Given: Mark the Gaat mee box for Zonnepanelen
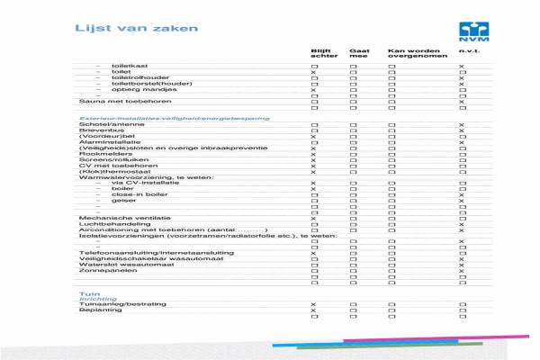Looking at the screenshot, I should click(x=354, y=271).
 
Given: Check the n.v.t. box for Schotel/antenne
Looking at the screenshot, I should click(x=461, y=125).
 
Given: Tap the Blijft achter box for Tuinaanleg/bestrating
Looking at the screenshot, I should click(x=314, y=305).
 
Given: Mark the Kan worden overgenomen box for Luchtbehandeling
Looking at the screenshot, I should click(x=391, y=224).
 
